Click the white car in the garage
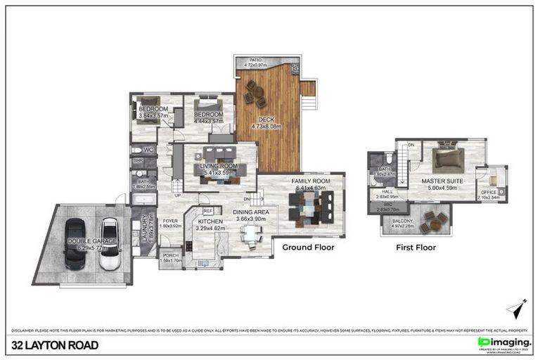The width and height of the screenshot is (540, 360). [109, 243]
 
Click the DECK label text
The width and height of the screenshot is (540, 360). [266, 120]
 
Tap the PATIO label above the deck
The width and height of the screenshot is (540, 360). [252, 60]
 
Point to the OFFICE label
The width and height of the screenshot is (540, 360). [488, 192]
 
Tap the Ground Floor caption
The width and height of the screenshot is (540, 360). [308, 247]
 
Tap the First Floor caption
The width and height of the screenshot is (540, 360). [415, 247]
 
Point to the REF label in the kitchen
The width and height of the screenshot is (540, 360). [207, 210]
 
